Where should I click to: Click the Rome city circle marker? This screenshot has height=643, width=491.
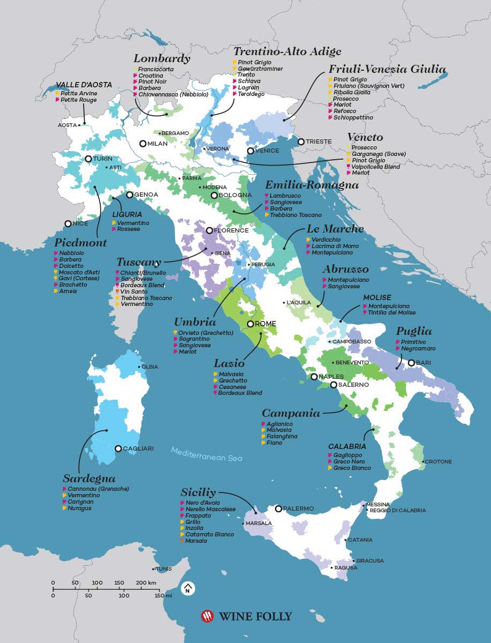250,324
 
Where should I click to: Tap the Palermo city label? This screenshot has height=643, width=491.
300,509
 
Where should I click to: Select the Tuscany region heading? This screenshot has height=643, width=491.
139,262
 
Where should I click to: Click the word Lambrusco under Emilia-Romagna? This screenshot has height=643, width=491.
285,196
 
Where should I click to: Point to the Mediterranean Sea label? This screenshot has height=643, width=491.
206,454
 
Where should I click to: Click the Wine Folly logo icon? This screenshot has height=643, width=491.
207,616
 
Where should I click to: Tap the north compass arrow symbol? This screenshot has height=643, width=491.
188,588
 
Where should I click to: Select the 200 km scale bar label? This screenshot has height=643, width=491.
145,582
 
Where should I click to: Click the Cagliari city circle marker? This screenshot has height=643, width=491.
118,448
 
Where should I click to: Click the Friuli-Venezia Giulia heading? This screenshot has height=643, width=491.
387,69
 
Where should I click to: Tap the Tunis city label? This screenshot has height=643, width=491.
163,569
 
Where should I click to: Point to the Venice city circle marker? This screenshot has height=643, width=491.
250,151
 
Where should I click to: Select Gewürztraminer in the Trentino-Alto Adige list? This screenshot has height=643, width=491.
260,69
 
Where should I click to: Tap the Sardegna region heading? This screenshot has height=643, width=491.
89,478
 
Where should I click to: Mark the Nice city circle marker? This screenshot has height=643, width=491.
68,223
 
